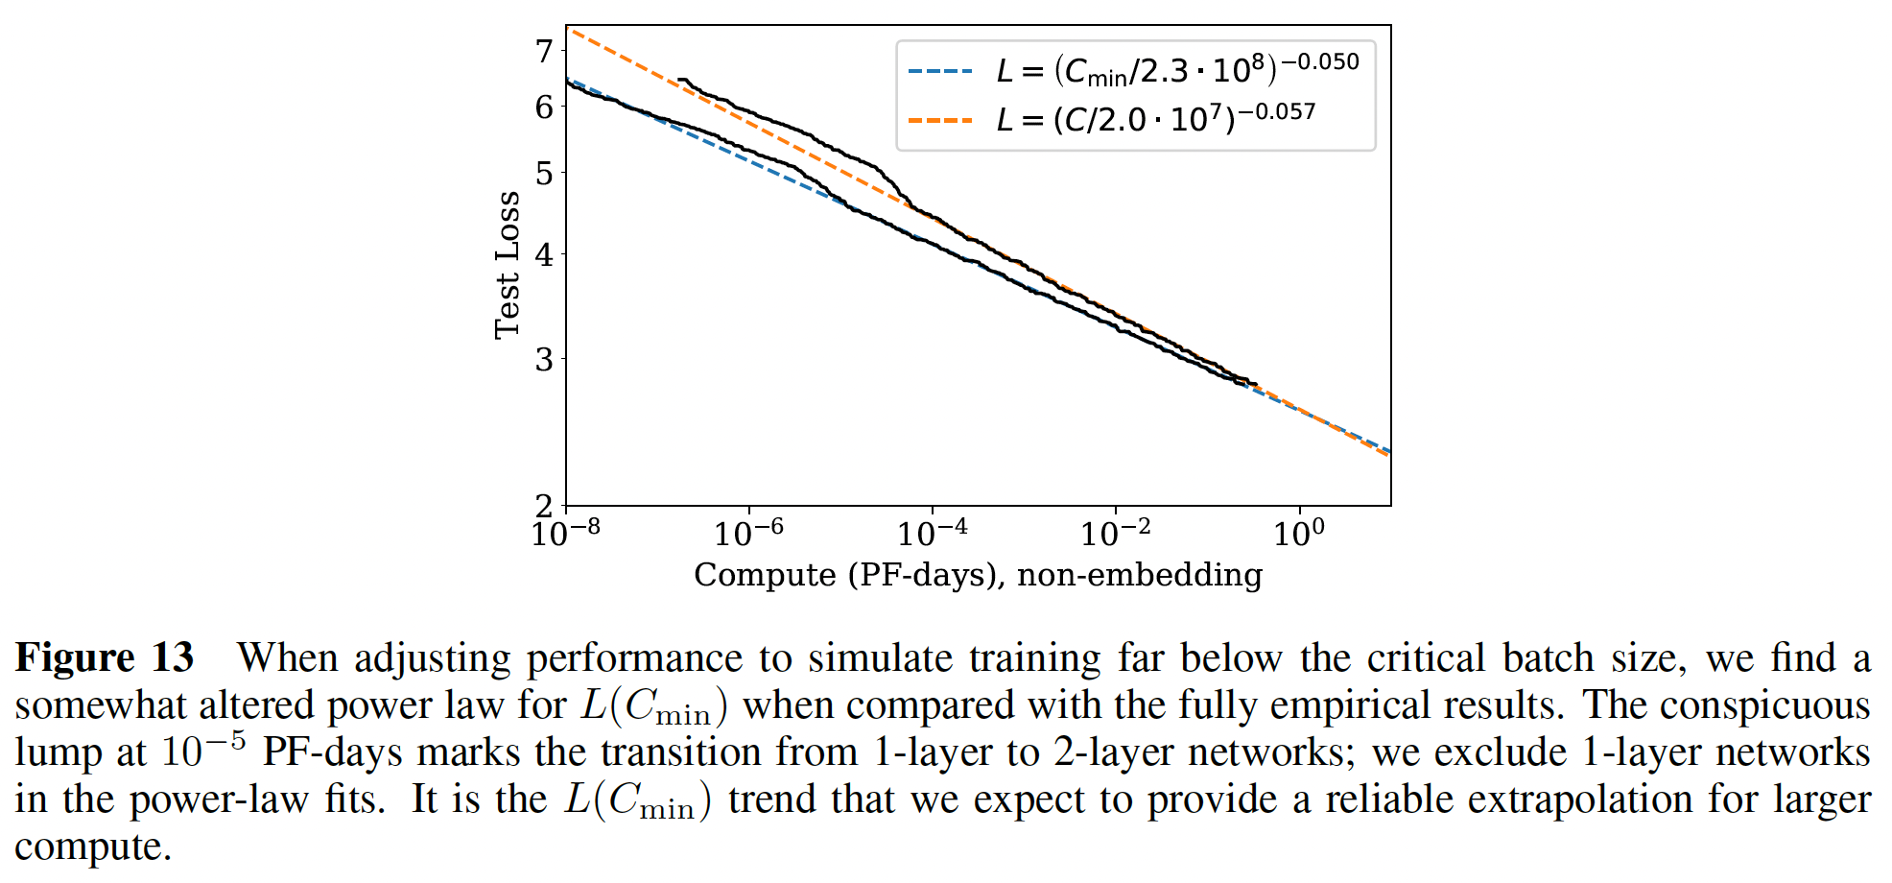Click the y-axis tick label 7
544,51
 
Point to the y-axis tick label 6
544,107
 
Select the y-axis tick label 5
544,174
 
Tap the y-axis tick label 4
544,255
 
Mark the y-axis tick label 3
544,360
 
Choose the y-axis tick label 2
544,505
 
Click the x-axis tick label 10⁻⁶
748,531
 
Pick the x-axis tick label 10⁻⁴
932,531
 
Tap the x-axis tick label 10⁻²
1115,531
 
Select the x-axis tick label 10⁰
1298,531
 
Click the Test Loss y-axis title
507,265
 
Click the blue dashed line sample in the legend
940,71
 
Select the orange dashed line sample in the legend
940,121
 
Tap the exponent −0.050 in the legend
1320,61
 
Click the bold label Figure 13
105,658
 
